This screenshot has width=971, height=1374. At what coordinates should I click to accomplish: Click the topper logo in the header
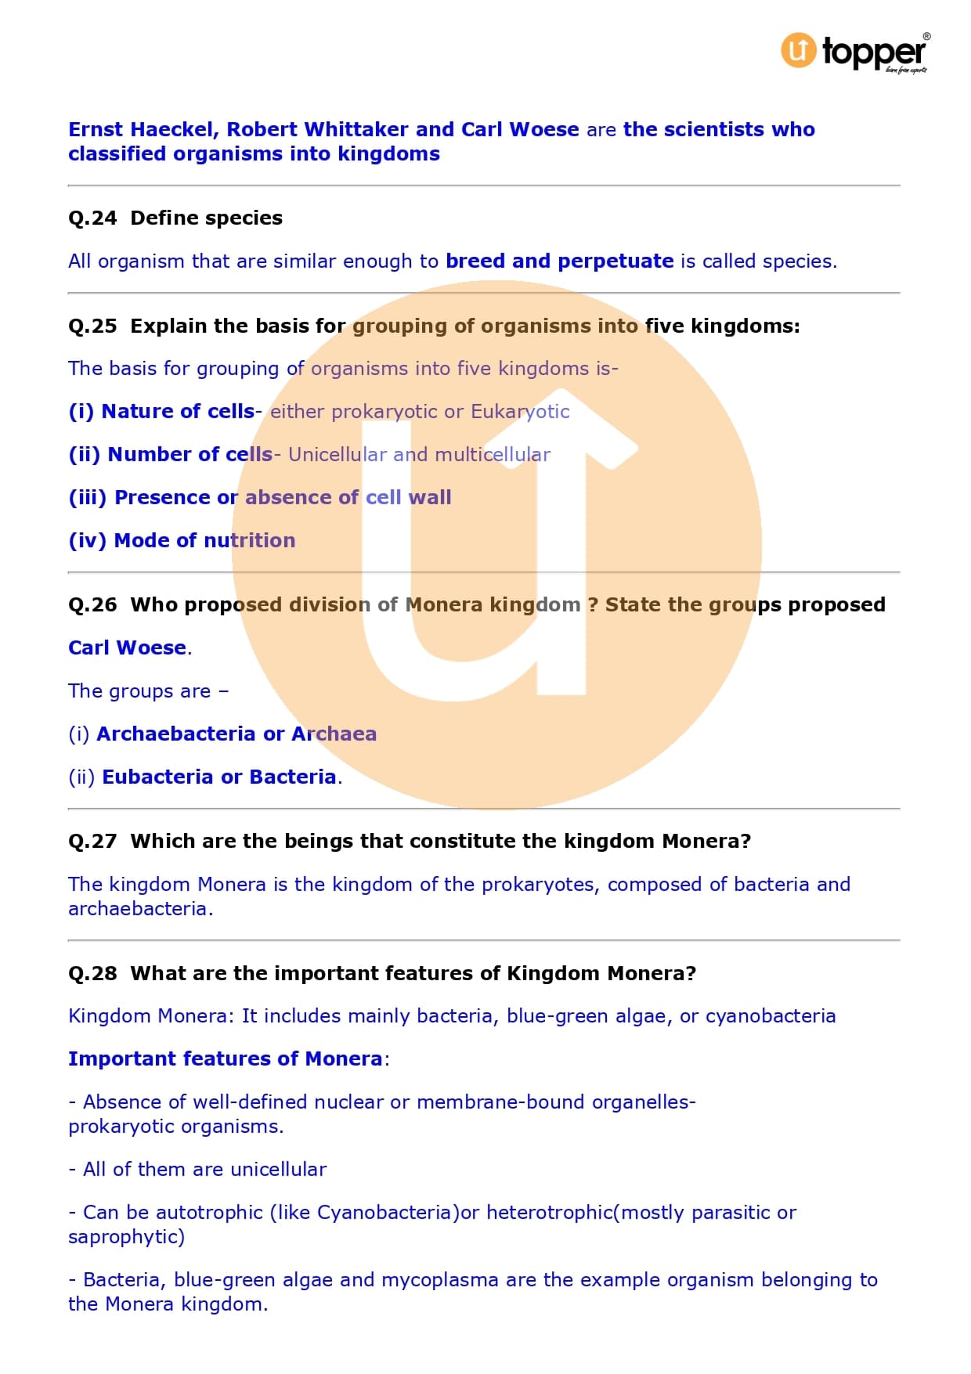click(x=854, y=52)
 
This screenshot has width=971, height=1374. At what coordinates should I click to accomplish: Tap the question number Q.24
click(x=92, y=218)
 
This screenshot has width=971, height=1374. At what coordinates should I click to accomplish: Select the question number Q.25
click(x=92, y=326)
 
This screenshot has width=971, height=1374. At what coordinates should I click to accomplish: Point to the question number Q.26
click(x=92, y=604)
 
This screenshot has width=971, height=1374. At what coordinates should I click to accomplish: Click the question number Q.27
click(x=92, y=841)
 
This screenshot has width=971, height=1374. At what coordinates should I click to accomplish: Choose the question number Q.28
click(x=92, y=973)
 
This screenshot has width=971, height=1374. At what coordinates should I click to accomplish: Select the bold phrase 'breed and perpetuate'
click(x=559, y=261)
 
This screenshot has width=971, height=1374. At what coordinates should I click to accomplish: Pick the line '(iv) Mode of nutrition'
click(x=182, y=540)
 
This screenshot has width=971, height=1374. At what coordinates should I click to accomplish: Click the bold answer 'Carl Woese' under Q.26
click(x=127, y=647)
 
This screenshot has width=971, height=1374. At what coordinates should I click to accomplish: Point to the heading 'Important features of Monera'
click(x=225, y=1058)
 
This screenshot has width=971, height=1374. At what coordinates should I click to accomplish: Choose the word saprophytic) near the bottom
click(x=126, y=1237)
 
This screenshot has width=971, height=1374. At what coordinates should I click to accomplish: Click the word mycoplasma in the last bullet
click(x=439, y=1280)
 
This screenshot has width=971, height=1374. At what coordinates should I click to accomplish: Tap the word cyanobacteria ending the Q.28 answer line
click(x=771, y=1016)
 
